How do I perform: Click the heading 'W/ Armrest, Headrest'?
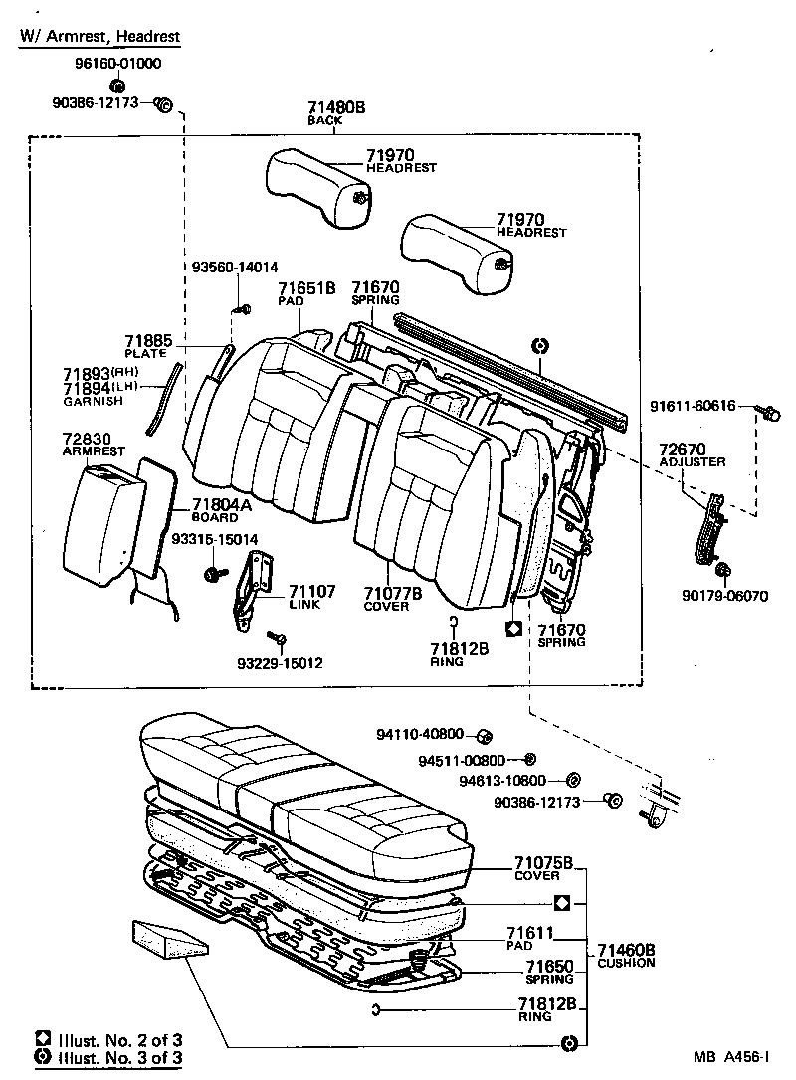point(99,37)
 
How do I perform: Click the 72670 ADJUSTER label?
point(692,455)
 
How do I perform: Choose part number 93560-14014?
point(235,267)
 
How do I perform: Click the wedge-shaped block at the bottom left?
point(167,937)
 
